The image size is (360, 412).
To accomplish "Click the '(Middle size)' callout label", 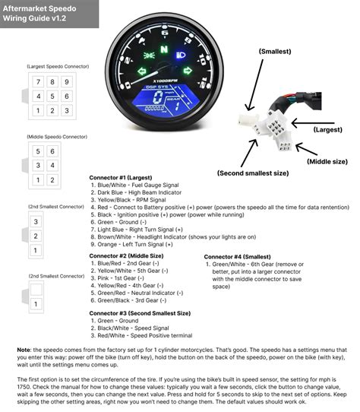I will click(x=327, y=161).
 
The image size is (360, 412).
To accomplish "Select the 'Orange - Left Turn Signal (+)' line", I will click(x=136, y=244).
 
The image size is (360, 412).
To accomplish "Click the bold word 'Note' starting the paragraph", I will click(x=24, y=349).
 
